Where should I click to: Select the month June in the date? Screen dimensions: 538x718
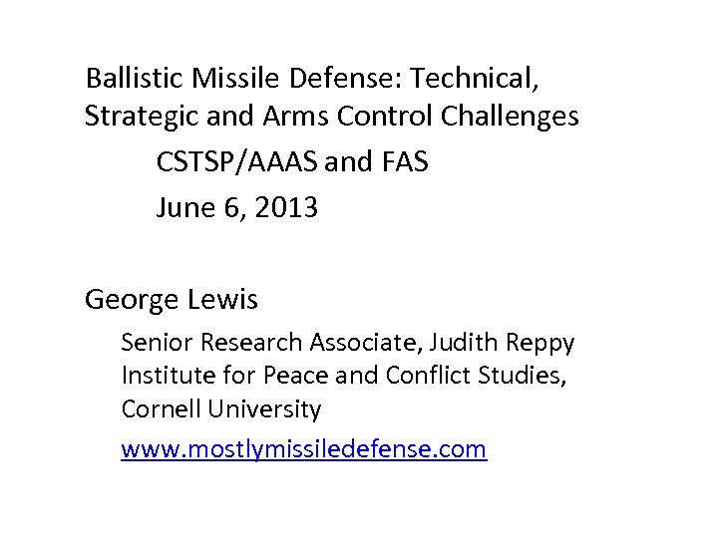tap(184, 208)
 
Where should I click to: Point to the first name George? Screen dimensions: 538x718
tap(132, 299)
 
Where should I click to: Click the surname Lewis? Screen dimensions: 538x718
tap(226, 299)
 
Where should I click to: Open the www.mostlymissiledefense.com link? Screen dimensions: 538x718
tap(303, 450)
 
